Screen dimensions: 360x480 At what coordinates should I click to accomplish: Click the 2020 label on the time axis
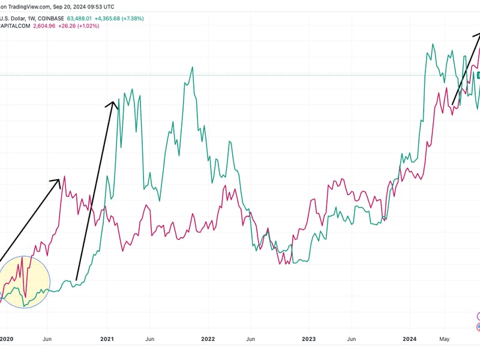click(x=7, y=338)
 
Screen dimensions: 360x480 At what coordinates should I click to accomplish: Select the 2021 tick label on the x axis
click(x=107, y=338)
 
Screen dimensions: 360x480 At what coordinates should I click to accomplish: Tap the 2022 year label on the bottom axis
click(x=208, y=338)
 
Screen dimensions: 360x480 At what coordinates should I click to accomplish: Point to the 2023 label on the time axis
click(x=308, y=338)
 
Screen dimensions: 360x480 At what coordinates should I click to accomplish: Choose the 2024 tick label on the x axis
click(x=409, y=338)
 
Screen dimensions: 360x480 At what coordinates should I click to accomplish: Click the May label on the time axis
click(x=444, y=338)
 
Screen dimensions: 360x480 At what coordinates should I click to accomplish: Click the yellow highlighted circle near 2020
click(x=24, y=282)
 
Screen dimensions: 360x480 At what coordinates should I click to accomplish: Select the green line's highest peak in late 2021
click(x=192, y=67)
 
